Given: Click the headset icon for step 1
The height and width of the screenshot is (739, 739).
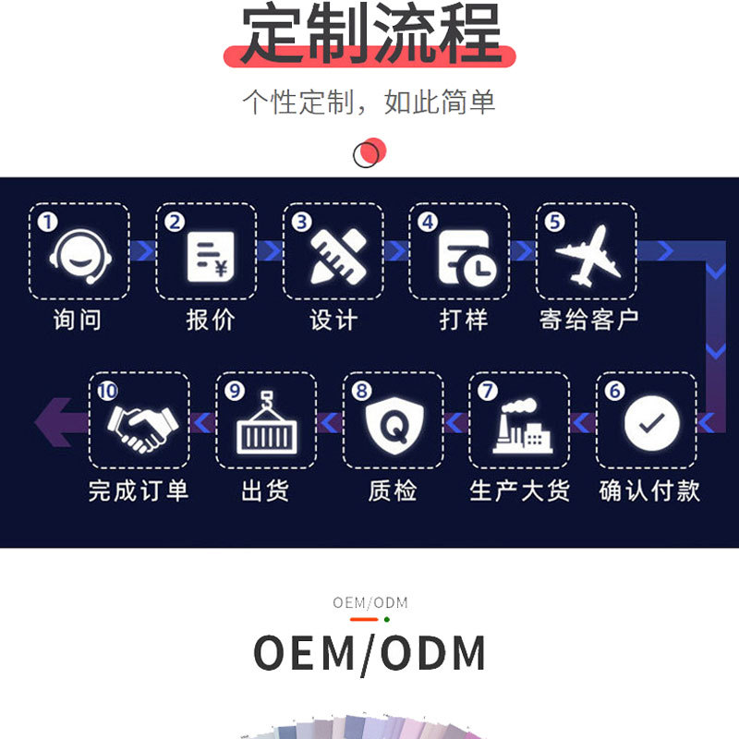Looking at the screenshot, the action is pyautogui.click(x=79, y=254).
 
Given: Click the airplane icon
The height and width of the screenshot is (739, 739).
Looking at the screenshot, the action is pyautogui.click(x=588, y=254).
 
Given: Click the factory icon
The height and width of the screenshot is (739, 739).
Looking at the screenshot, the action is pyautogui.click(x=520, y=426).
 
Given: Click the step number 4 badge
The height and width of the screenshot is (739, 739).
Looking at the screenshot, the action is pyautogui.click(x=427, y=223).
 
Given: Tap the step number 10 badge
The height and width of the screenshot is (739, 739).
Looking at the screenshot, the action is pyautogui.click(x=107, y=391).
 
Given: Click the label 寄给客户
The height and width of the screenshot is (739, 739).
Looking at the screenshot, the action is pyautogui.click(x=588, y=321).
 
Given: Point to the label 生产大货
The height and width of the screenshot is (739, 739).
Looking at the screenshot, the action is pyautogui.click(x=520, y=491).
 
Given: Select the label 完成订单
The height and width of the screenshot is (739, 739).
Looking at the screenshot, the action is pyautogui.click(x=139, y=491).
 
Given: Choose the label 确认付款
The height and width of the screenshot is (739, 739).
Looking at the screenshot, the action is pyautogui.click(x=649, y=491).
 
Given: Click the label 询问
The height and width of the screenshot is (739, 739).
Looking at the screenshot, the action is pyautogui.click(x=78, y=321).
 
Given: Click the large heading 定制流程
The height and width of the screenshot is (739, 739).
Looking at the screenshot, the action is pyautogui.click(x=370, y=33).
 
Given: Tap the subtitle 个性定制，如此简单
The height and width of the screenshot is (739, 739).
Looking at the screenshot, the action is pyautogui.click(x=369, y=102).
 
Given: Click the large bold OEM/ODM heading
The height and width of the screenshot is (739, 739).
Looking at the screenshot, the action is pyautogui.click(x=369, y=654).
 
